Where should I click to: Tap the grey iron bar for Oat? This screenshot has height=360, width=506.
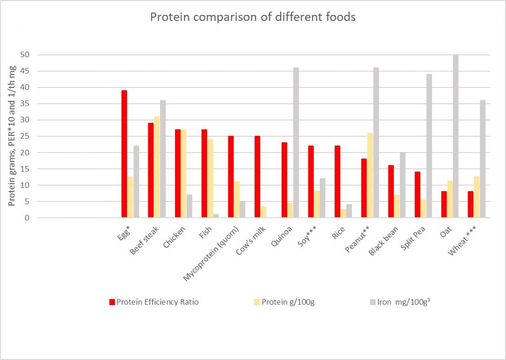(456, 136)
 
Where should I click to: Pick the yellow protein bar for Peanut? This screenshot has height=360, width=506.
(370, 175)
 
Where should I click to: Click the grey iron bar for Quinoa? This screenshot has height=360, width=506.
(296, 143)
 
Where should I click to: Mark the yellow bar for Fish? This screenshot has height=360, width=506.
(210, 178)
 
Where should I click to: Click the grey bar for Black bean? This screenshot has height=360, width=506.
(402, 185)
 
